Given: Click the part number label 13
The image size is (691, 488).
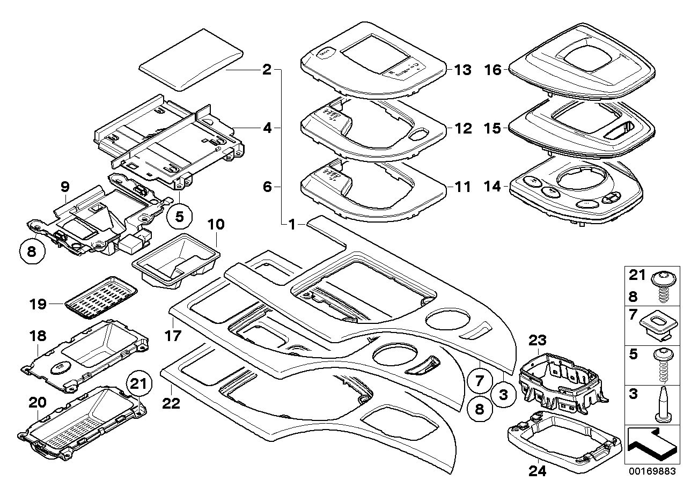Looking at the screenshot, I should [x=462, y=70].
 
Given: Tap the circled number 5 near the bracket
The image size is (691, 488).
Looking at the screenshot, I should [x=179, y=217].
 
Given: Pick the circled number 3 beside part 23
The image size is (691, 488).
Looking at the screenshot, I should [x=503, y=396].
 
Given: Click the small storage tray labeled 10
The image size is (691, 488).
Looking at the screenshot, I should [x=176, y=261].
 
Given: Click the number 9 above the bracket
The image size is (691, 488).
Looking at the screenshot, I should [x=64, y=187].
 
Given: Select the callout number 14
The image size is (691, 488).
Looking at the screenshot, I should [x=492, y=187].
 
